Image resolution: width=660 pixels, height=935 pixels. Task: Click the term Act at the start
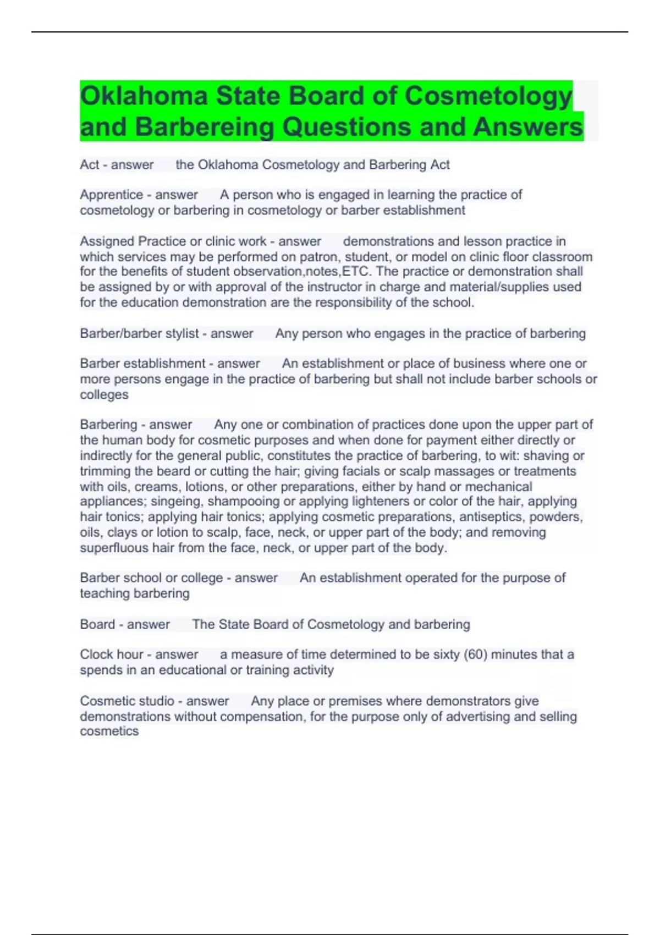[x=89, y=164]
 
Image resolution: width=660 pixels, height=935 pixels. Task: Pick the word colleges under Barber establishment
[x=104, y=395]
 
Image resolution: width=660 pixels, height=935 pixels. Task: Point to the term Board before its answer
[x=97, y=624]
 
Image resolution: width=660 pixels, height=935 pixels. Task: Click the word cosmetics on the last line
[x=109, y=732]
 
